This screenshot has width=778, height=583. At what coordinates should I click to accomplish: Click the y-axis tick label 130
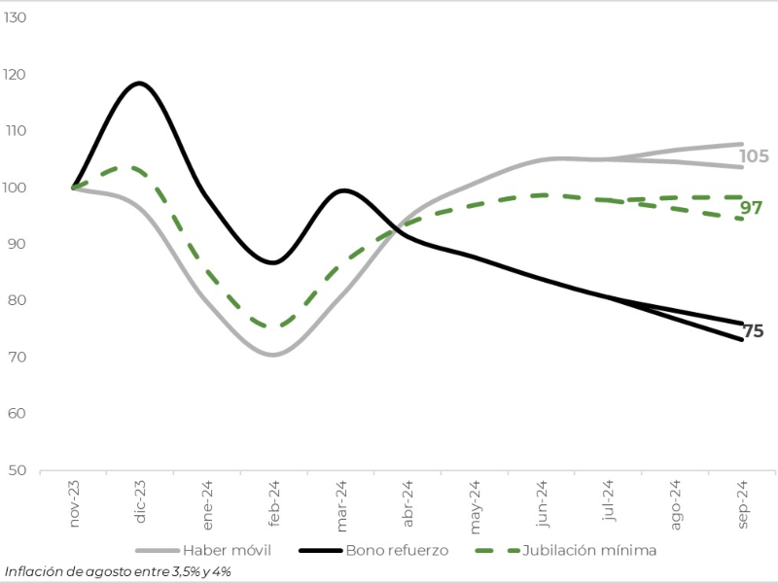click(18, 18)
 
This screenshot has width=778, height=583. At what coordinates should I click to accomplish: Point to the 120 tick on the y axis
click(18, 75)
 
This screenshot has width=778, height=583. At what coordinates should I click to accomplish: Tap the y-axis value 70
click(19, 358)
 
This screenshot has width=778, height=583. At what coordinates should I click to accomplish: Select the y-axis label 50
click(19, 470)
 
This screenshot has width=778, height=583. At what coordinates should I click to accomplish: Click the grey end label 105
click(754, 156)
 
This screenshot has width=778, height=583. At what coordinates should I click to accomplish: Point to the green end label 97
click(751, 208)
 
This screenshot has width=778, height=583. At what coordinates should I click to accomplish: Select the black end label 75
click(753, 331)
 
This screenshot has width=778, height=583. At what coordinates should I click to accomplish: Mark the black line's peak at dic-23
click(140, 83)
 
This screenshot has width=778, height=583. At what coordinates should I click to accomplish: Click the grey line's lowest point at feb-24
click(273, 355)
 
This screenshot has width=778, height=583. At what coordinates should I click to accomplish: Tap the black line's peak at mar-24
click(342, 190)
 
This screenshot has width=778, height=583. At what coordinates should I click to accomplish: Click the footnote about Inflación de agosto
click(118, 571)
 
